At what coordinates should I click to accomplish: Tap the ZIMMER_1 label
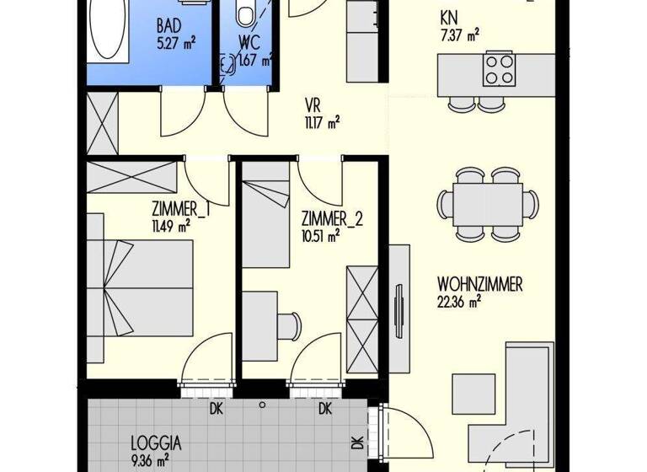(x=180, y=209)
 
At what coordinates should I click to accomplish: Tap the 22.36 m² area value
(x=459, y=300)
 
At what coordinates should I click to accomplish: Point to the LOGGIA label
(x=156, y=442)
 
